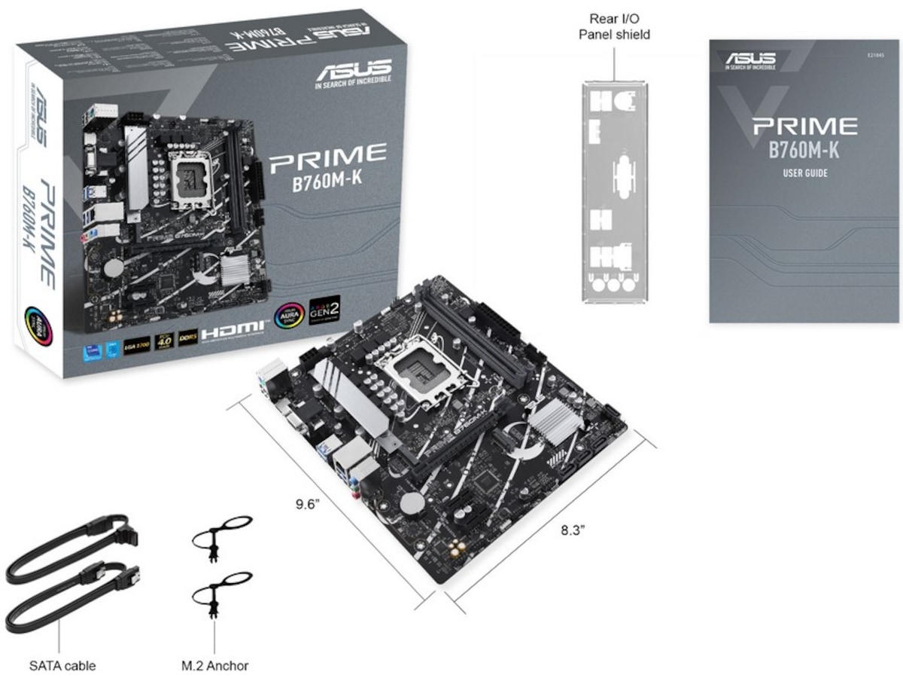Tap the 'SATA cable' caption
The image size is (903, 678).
pyautogui.click(x=62, y=665)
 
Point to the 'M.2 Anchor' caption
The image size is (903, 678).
pyautogui.click(x=215, y=665)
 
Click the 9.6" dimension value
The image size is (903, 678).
pyautogui.click(x=308, y=502)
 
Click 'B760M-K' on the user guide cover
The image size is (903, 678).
pyautogui.click(x=804, y=149)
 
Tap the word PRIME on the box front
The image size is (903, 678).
pyautogui.click(x=327, y=155)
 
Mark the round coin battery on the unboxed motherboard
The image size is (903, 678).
pyautogui.click(x=412, y=503)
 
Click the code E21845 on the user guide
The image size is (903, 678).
pyautogui.click(x=876, y=54)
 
